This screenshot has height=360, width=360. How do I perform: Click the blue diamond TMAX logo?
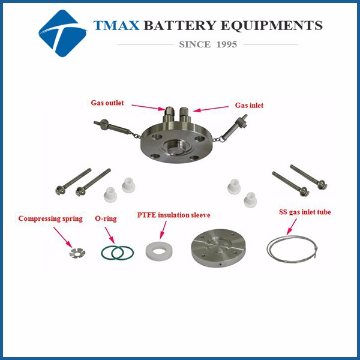click(62, 33)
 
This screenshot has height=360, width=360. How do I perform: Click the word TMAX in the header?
click(116, 25)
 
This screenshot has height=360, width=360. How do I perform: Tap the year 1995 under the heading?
click(226, 44)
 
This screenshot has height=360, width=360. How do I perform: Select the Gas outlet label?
click(107, 103)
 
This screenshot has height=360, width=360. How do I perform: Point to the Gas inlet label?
click(249, 106)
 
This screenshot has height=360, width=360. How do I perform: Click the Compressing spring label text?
click(50, 218)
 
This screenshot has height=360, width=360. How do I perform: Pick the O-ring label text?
click(106, 218)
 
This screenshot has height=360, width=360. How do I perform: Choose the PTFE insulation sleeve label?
click(173, 215)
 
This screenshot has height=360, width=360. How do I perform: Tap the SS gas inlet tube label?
click(305, 212)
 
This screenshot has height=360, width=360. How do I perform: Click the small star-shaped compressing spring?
click(77, 253)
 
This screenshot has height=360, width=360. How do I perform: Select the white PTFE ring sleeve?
click(158, 251)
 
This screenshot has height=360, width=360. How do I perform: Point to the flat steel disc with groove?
click(218, 248)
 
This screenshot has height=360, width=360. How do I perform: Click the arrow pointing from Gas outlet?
click(149, 107)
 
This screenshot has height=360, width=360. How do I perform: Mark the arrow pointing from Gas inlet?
click(211, 109)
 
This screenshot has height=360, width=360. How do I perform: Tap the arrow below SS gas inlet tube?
click(292, 227)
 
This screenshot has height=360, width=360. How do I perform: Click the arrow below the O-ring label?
click(110, 235)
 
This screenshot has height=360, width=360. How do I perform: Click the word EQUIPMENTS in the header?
click(272, 25)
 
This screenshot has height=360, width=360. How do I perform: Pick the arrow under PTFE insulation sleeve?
click(163, 230)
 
